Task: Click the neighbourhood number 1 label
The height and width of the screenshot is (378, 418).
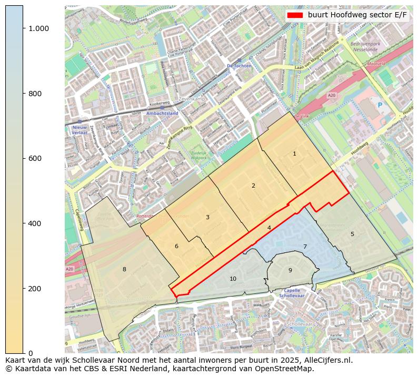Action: (x=294, y=154)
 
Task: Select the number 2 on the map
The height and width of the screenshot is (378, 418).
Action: (x=253, y=186)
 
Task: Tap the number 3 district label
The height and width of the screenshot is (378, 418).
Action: (x=207, y=217)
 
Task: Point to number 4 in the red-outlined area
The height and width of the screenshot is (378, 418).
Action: (x=269, y=228)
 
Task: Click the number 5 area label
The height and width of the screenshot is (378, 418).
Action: (x=352, y=234)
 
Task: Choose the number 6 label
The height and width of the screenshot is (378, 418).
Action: (x=176, y=246)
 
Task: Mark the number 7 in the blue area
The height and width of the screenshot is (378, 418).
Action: (x=304, y=247)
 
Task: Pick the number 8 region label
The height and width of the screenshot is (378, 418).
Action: (x=124, y=269)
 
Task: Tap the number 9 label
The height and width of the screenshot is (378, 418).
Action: (x=290, y=270)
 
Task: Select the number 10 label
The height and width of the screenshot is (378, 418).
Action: (x=233, y=279)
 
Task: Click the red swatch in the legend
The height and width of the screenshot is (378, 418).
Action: (x=295, y=15)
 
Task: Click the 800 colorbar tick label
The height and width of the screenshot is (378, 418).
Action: (x=35, y=94)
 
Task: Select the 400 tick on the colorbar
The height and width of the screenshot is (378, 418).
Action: (x=35, y=223)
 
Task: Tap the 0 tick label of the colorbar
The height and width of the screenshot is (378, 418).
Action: (x=31, y=353)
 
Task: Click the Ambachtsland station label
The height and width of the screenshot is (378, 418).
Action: (x=162, y=113)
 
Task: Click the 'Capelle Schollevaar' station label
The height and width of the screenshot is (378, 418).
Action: (x=292, y=293)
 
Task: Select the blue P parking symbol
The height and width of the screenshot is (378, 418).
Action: (x=380, y=105)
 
